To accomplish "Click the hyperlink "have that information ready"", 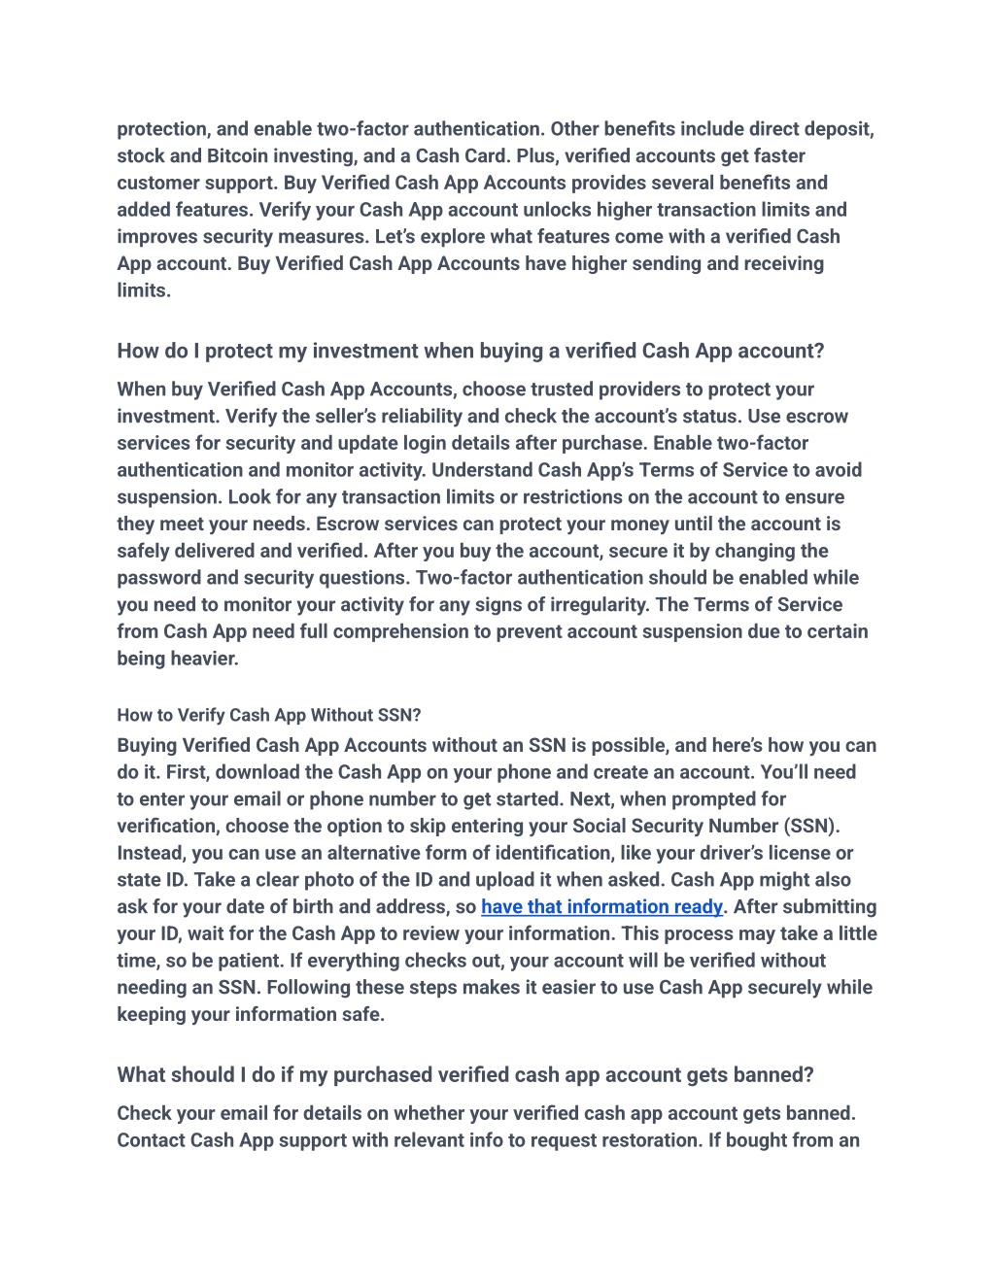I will click(x=601, y=907).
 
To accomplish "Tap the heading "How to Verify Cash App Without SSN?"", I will click(x=269, y=716).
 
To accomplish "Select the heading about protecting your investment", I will click(x=470, y=352).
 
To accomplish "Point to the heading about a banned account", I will click(x=465, y=1075).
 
